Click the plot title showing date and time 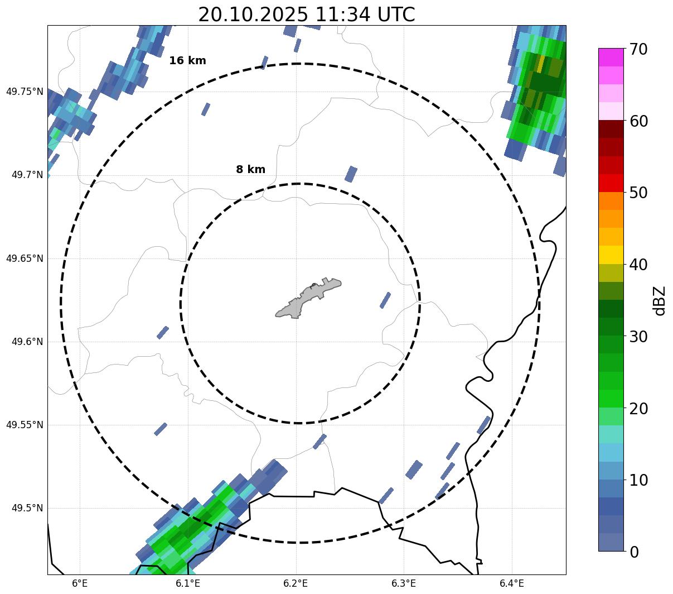click(306, 14)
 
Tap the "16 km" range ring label click(187, 61)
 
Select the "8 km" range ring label click(250, 170)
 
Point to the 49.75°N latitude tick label click(25, 92)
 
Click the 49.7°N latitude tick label click(27, 175)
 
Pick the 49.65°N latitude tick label click(25, 258)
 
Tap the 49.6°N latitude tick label click(27, 342)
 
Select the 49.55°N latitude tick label click(25, 425)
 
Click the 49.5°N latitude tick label click(27, 508)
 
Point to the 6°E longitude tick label click(80, 583)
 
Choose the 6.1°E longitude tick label click(188, 583)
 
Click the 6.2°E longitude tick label click(296, 583)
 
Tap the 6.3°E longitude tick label click(404, 583)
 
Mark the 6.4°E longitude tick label click(512, 583)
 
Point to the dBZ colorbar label click(660, 300)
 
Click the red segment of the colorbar click(611, 183)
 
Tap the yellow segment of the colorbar click(611, 255)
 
